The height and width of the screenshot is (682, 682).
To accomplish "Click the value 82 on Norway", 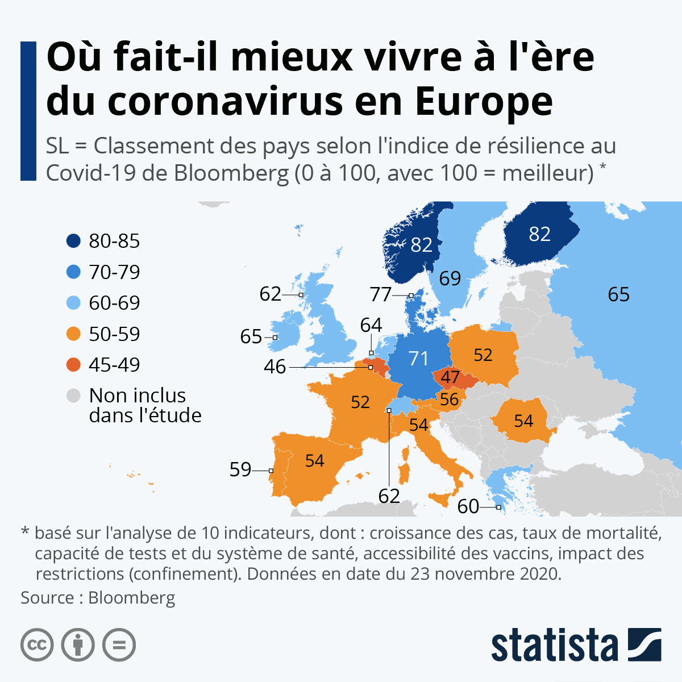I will [421, 245].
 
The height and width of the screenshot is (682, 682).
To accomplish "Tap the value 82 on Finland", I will [539, 234].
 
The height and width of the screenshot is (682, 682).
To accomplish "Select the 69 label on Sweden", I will [450, 278].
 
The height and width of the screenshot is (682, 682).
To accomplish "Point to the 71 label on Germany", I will [418, 359].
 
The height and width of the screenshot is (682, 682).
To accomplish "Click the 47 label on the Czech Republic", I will [450, 377].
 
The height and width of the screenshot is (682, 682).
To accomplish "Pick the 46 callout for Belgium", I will [275, 367].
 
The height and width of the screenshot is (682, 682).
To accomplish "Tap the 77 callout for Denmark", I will [381, 294].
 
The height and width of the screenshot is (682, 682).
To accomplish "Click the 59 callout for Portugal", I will [240, 469].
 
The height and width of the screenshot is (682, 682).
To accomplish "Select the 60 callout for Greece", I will [468, 506].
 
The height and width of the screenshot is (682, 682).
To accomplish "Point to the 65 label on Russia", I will [618, 294].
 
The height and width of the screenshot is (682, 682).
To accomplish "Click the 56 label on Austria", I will [449, 400].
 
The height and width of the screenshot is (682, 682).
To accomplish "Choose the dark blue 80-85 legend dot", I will [74, 241].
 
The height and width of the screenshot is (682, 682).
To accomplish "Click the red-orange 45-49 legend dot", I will [74, 365].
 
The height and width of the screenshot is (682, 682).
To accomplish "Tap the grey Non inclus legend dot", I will [74, 396].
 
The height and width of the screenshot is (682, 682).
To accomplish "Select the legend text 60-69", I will [114, 303].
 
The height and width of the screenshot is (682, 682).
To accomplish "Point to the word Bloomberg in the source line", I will [132, 597].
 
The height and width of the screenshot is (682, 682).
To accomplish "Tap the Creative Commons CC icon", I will [38, 645].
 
